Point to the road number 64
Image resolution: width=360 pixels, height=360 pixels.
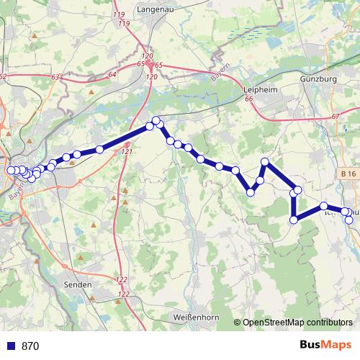[x=112, y=75]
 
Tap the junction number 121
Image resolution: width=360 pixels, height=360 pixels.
[x=127, y=152]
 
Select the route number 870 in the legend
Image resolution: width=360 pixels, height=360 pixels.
[x=30, y=346]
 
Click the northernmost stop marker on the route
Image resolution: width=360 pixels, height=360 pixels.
[x=156, y=121]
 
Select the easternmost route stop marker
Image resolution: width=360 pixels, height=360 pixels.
[x=350, y=220]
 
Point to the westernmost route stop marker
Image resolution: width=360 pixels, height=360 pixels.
[x=10, y=171]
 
